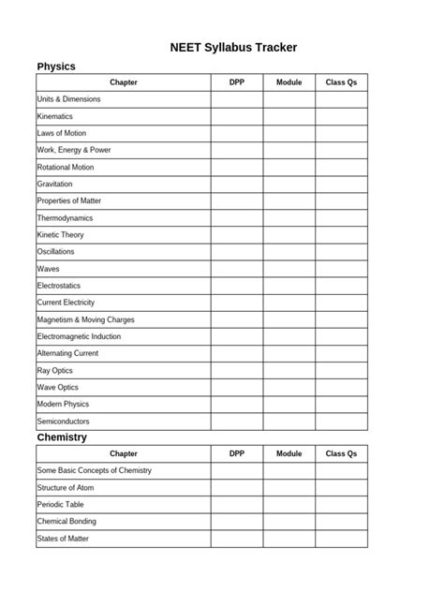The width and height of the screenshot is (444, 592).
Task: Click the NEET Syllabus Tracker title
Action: coord(234,47)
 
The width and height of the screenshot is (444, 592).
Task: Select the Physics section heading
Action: coord(56,67)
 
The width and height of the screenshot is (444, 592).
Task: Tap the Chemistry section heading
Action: coord(62,437)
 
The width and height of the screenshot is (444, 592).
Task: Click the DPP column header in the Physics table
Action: coord(236,82)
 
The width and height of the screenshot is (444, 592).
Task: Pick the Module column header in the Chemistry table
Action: coord(289,453)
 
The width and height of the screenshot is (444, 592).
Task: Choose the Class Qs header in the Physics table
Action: coord(341,82)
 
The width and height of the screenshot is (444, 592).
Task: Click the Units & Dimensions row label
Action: coord(68,99)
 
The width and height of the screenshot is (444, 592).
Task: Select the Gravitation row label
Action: coord(54,184)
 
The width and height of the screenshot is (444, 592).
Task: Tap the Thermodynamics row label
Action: coord(65,217)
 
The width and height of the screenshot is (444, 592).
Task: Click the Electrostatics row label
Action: coord(59,286)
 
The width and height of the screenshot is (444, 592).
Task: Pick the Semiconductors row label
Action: coord(64,422)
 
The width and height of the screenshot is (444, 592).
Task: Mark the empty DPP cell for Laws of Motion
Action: coord(236,133)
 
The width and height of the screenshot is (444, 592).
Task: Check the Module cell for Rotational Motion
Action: coord(289,167)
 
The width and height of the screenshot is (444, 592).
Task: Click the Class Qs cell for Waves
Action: coord(341,269)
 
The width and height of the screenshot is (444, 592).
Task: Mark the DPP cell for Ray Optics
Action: coord(236,370)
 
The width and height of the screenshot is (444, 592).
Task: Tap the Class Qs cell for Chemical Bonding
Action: coord(341,521)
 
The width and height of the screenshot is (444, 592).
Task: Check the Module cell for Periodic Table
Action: coord(289,504)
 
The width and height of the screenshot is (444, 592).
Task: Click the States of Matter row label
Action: coord(63,539)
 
